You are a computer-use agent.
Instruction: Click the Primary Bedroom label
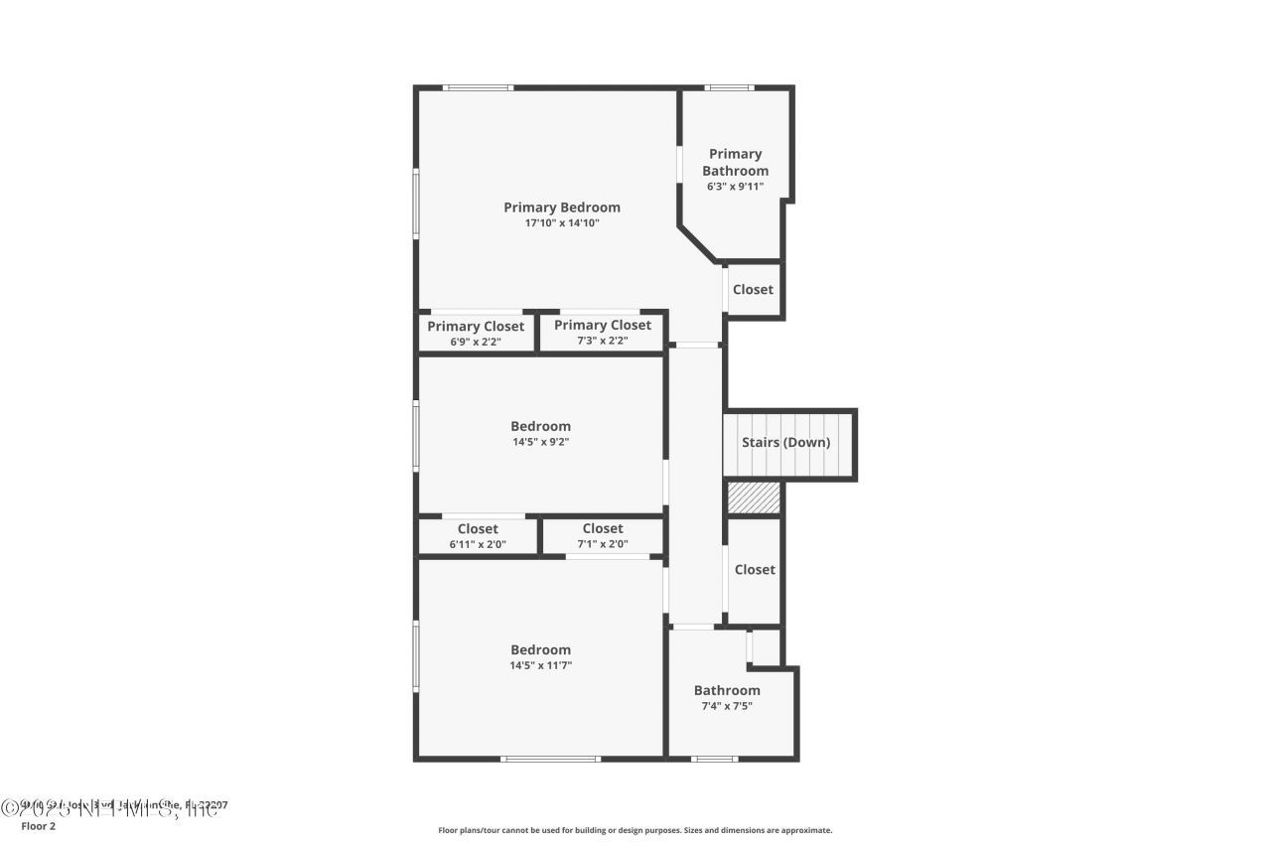pyautogui.click(x=561, y=208)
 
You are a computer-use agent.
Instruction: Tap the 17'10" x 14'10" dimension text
pyautogui.click(x=562, y=223)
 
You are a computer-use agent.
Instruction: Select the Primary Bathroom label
pyautogui.click(x=735, y=162)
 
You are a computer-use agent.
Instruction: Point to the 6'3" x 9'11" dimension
pyautogui.click(x=735, y=186)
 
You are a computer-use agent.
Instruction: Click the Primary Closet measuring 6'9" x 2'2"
pyautogui.click(x=476, y=333)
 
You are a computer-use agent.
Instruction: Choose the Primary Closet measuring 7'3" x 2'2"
pyautogui.click(x=603, y=332)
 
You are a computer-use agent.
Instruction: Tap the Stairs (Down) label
pyautogui.click(x=785, y=442)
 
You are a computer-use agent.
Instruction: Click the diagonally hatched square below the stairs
pyautogui.click(x=754, y=497)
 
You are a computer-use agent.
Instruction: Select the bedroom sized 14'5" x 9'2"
pyautogui.click(x=540, y=433)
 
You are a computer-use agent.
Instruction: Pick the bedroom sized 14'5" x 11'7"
pyautogui.click(x=540, y=656)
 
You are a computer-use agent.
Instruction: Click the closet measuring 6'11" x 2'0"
pyautogui.click(x=478, y=535)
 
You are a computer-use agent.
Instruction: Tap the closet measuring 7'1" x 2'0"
pyautogui.click(x=603, y=535)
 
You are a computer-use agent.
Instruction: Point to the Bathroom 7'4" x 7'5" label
pyautogui.click(x=727, y=697)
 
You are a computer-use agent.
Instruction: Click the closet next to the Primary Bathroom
pyautogui.click(x=753, y=290)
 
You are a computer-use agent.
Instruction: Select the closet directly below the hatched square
pyautogui.click(x=755, y=570)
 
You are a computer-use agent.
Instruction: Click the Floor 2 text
pyautogui.click(x=39, y=825)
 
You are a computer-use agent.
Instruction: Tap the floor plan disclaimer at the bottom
pyautogui.click(x=635, y=830)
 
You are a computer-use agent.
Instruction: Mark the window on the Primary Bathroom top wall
pyautogui.click(x=729, y=88)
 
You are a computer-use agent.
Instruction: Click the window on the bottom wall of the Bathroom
pyautogui.click(x=714, y=760)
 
